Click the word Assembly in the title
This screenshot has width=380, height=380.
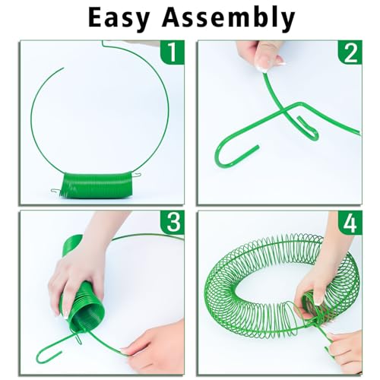[229, 17]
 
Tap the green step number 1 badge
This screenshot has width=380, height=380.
[173, 52]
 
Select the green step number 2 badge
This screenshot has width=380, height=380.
[350, 52]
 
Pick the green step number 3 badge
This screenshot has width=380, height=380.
[173, 223]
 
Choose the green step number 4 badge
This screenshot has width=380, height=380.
[350, 223]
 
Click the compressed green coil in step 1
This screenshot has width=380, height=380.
[97, 185]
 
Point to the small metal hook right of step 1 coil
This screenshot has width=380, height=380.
[136, 174]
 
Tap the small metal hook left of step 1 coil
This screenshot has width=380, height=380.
[55, 192]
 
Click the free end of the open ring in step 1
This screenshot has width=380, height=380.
[63, 68]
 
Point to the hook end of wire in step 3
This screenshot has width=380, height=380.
[48, 356]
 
